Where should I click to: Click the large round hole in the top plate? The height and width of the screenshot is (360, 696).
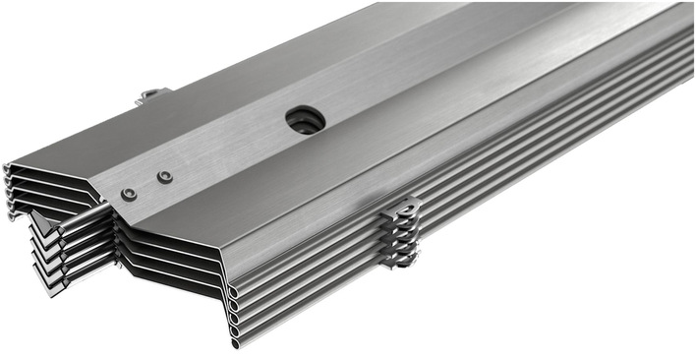click(x=305, y=120)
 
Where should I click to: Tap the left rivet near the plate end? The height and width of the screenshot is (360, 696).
click(x=129, y=194)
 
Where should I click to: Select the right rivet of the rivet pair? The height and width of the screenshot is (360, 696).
click(x=165, y=177)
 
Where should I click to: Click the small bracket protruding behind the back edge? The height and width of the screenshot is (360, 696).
click(x=151, y=95)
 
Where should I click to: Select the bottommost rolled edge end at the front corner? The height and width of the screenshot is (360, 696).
click(x=237, y=343)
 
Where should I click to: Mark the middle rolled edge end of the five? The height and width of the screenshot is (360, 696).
click(x=235, y=318)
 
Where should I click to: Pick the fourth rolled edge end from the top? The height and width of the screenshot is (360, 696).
click(x=236, y=330)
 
